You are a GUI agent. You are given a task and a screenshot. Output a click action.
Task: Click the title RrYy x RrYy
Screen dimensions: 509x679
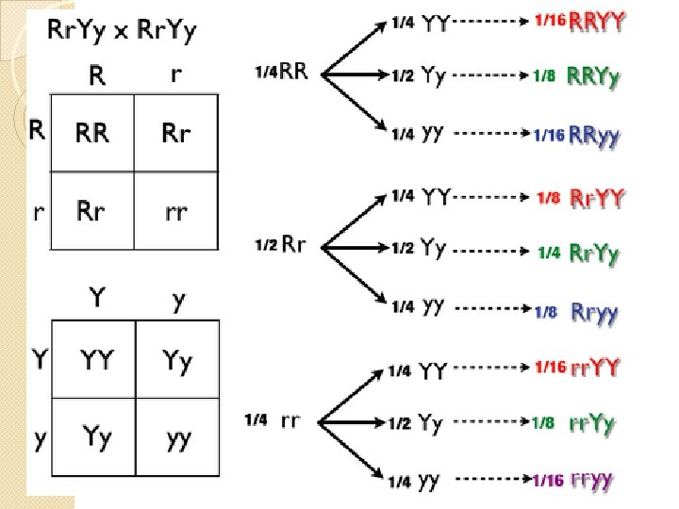tap(122, 31)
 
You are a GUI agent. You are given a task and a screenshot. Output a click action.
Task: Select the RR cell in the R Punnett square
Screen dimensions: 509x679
tap(92, 134)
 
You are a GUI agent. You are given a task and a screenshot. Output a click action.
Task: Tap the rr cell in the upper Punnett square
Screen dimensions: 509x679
tap(176, 211)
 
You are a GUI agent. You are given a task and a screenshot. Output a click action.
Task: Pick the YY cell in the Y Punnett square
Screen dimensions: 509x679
tap(97, 359)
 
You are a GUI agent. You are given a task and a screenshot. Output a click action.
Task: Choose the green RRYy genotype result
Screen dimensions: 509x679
tap(593, 78)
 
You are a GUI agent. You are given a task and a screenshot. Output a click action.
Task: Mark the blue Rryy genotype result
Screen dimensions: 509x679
tap(594, 312)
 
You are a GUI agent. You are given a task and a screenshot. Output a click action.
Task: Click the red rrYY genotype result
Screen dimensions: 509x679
tap(595, 367)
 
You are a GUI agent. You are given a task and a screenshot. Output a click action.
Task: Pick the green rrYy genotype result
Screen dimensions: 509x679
tap(592, 423)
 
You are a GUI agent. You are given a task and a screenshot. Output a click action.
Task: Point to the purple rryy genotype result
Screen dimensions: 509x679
tap(591, 481)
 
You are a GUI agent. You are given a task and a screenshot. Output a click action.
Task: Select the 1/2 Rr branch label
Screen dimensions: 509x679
tap(281, 246)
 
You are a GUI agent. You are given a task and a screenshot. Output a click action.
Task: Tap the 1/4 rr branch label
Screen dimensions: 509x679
tap(274, 420)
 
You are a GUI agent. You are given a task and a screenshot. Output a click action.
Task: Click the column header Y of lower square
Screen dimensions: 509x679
tap(96, 299)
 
